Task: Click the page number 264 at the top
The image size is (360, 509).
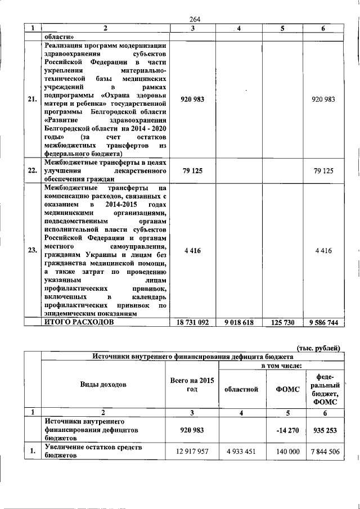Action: [x=196, y=19]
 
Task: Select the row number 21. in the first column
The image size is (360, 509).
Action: [x=33, y=100]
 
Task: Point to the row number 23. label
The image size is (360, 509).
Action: [x=33, y=251]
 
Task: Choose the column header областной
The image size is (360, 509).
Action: [x=241, y=389]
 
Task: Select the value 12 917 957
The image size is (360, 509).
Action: [x=192, y=452]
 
